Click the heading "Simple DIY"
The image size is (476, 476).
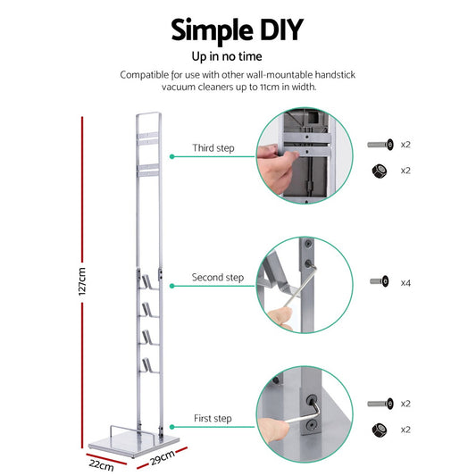[238, 29]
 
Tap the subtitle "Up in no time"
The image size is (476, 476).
[238, 56]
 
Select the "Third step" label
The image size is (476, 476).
[213, 147]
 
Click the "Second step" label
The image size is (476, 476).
[217, 278]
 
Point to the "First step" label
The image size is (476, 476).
[213, 418]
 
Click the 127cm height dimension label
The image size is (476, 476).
[81, 280]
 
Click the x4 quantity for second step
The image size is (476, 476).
[405, 282]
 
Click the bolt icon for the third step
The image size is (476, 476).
[380, 144]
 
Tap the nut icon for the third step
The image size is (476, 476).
[380, 170]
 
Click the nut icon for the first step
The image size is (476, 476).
[380, 430]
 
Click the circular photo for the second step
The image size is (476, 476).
[305, 285]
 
